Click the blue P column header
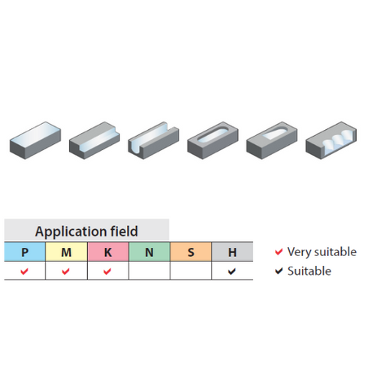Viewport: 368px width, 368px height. coord(25,252)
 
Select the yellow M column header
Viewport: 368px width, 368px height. coord(66,252)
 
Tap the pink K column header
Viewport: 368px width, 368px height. coord(108,252)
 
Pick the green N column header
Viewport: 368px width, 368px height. coord(149,252)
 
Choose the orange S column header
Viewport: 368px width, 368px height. coord(191,252)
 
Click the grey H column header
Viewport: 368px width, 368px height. coord(232,252)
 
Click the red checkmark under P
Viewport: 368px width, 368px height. coord(24,271)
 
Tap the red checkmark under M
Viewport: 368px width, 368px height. coord(65,271)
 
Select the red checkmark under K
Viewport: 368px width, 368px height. coord(107,271)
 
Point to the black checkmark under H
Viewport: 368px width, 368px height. coord(232,271)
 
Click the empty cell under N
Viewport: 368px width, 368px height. coord(149,270)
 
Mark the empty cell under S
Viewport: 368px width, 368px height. coord(191,270)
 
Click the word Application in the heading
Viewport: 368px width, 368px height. coord(71,231)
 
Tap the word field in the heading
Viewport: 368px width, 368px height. coord(124,231)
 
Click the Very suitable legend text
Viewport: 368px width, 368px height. coord(322,252)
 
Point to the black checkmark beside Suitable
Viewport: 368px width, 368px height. coord(279,271)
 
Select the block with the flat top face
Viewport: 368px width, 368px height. coord(35,140)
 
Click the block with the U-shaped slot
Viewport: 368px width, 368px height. coord(153,140)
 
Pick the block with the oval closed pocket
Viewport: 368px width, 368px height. coord(213,140)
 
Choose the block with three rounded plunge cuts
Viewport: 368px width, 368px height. coord(331,140)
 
